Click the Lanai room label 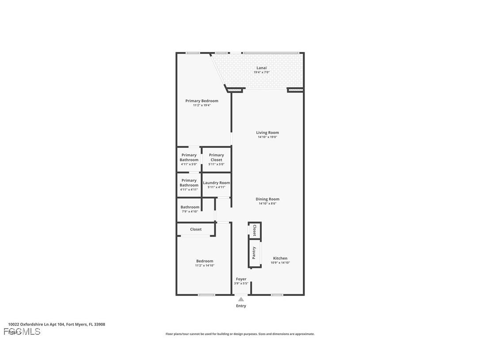[262, 68]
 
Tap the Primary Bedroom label [202, 101]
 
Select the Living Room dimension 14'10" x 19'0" [267, 137]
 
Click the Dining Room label [267, 199]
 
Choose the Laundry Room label [216, 183]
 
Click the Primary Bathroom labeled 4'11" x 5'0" [189, 157]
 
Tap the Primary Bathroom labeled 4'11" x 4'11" [189, 183]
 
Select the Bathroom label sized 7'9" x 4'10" [190, 207]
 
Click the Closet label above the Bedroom [196, 229]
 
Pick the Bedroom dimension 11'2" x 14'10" [205, 265]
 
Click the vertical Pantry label [254, 253]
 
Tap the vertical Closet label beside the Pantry [255, 230]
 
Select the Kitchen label [280, 258]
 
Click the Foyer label [241, 279]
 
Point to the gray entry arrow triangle [241, 299]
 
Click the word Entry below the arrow [241, 306]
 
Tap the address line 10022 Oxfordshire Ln [57, 324]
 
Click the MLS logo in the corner [22, 332]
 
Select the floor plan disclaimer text [240, 334]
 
